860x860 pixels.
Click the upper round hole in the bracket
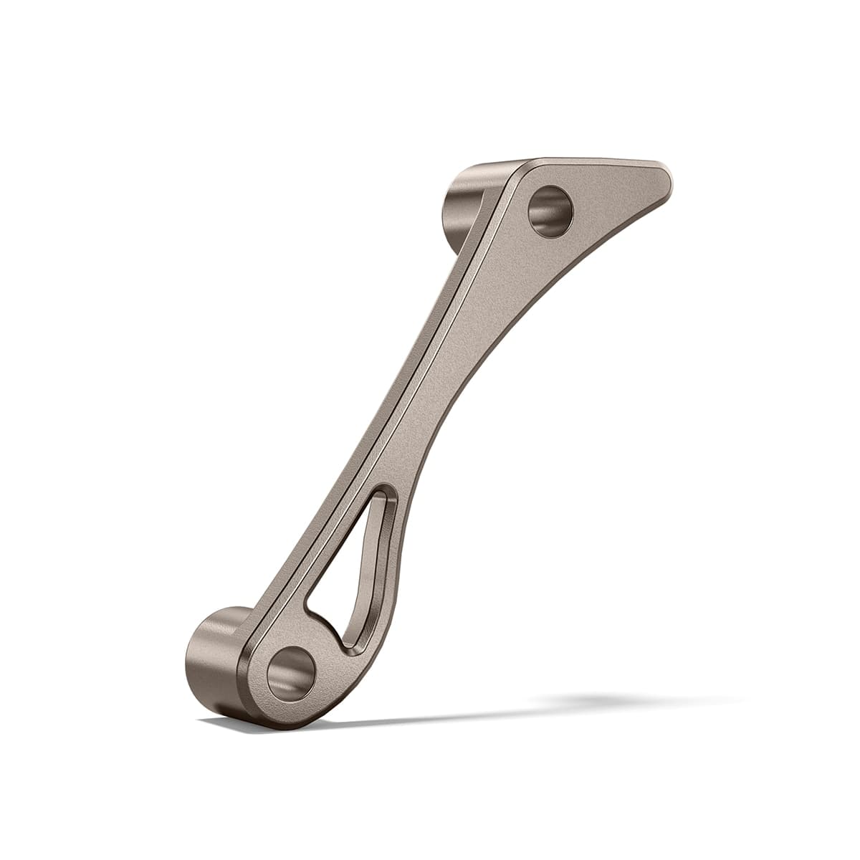[550, 211]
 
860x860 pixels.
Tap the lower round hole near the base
[291, 673]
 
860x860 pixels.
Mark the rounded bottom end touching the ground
[287, 722]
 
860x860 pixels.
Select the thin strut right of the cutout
[391, 573]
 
